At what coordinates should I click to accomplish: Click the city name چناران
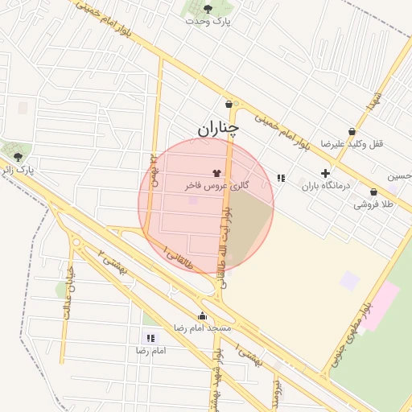218,127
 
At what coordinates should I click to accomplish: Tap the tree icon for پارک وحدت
208,9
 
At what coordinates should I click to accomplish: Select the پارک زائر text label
19,171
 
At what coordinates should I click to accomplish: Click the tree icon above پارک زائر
18,156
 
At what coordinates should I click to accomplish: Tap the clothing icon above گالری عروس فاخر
216,172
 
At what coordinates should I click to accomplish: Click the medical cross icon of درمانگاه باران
326,173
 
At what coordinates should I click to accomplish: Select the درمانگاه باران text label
328,186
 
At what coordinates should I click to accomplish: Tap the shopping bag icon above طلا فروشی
374,192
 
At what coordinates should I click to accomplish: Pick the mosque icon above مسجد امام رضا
201,315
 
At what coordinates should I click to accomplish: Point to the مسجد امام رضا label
202,328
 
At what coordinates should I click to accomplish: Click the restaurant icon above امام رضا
150,338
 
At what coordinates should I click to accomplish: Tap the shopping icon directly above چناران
229,104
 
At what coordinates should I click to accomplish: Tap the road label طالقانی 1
178,257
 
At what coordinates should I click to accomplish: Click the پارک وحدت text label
208,22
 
